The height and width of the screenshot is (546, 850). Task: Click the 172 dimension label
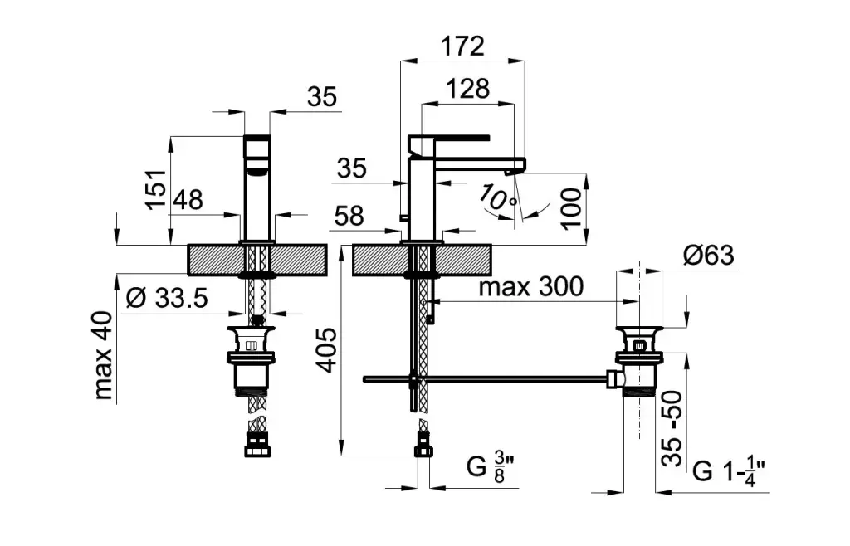462,46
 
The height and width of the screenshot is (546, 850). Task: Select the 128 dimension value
468,89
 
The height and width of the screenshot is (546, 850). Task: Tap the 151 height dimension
156,189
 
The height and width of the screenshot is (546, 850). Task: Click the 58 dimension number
349,216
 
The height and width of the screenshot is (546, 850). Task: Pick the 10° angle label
498,198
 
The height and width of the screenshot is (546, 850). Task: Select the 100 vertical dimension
571,208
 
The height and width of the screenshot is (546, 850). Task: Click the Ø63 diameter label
709,255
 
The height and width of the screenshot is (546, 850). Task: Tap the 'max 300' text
531,286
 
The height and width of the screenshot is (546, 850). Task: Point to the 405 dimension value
326,350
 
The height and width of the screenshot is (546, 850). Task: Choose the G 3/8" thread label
490,467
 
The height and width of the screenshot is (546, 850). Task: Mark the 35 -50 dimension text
672,428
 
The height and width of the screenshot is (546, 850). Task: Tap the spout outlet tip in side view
509,173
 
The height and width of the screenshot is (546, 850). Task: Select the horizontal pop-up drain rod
486,379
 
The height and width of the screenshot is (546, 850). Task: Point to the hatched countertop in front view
257,260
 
